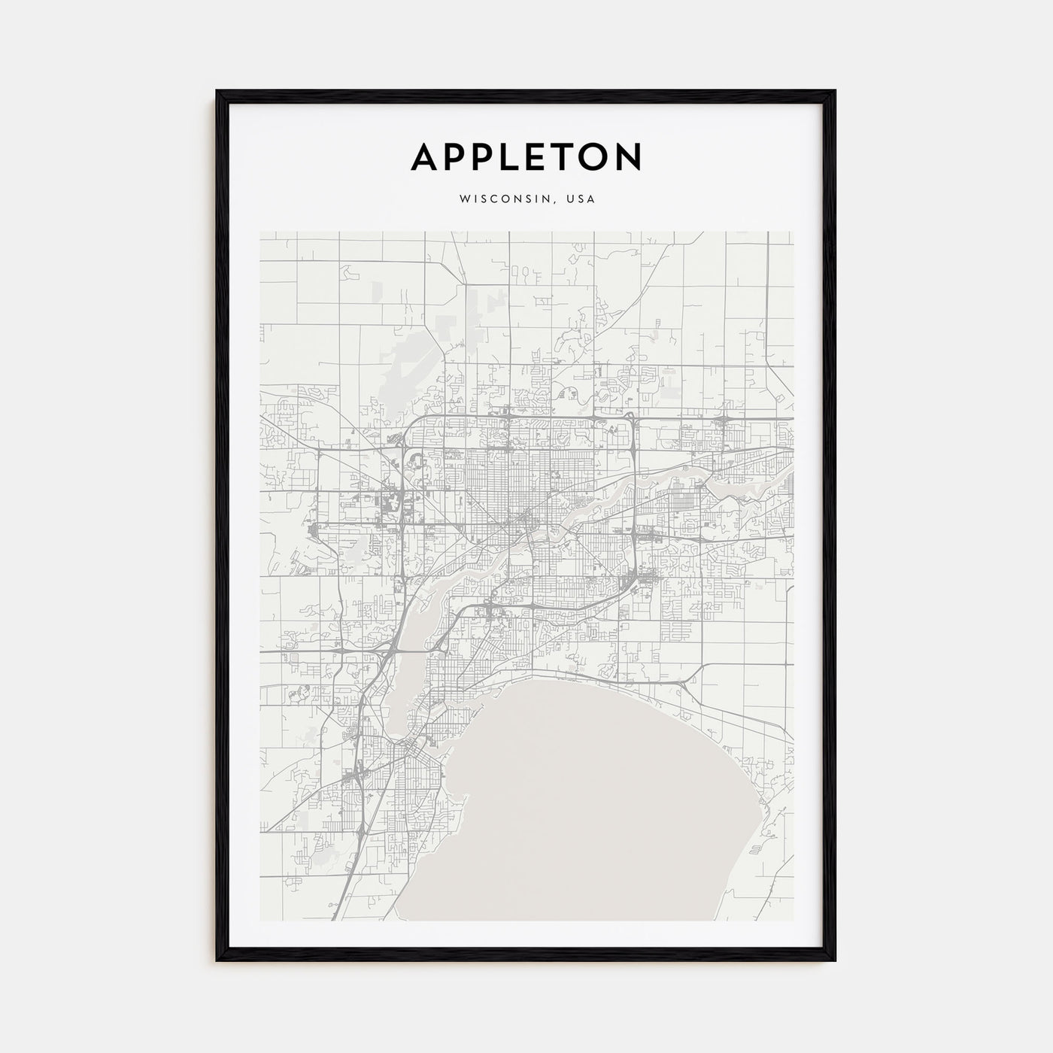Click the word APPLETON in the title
point(526,156)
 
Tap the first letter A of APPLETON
point(426,156)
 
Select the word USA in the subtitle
point(582,199)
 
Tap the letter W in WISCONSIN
point(463,199)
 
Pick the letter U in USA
point(573,199)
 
